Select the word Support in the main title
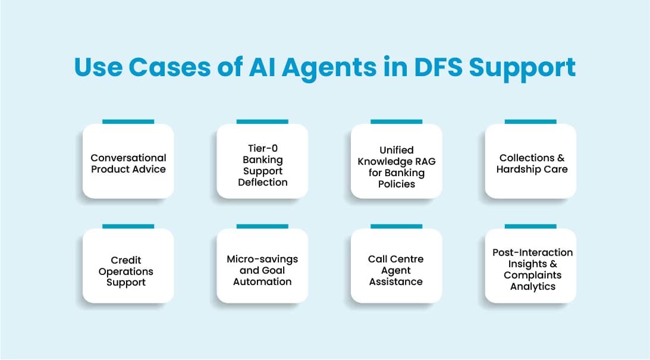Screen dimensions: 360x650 (522, 67)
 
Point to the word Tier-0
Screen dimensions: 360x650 (262, 148)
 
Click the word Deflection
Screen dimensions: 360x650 (262, 182)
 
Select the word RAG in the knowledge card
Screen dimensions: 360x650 (425, 162)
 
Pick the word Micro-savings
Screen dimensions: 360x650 (262, 259)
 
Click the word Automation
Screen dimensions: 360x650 (262, 281)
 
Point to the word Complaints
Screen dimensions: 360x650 (532, 275)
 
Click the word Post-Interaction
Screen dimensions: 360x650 (532, 252)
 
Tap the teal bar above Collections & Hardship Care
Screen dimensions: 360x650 (530, 121)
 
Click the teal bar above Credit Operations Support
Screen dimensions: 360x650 (128, 226)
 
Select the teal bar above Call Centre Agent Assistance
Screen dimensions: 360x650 (396, 226)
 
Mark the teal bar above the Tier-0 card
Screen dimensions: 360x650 (262, 121)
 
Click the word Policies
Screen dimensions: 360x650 (396, 184)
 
